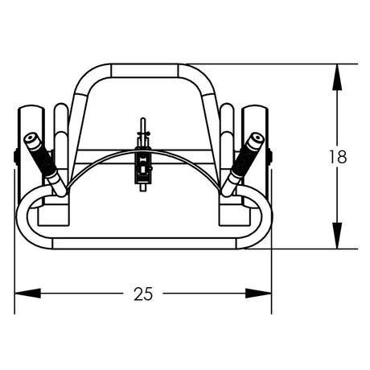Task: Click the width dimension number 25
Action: pos(143,294)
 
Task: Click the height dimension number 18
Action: pos(338,157)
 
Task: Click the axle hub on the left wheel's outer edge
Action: pos(17,157)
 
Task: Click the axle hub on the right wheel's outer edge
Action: pos(271,157)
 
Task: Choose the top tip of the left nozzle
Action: pos(31,138)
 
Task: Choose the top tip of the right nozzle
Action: pos(256,138)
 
